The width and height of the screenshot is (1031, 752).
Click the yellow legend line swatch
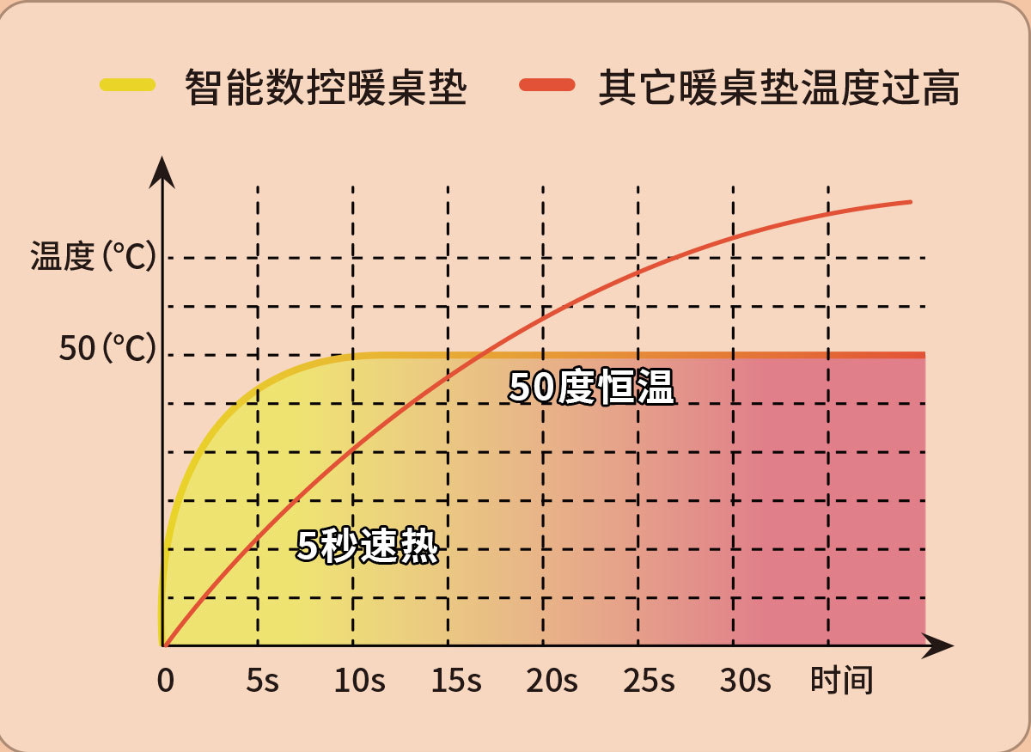pyautogui.click(x=127, y=84)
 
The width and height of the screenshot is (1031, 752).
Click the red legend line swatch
pyautogui.click(x=547, y=84)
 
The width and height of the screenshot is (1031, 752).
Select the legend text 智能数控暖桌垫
pyautogui.click(x=326, y=88)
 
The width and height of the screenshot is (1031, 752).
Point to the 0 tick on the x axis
pyautogui.click(x=165, y=682)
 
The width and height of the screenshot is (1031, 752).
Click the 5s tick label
pyautogui.click(x=262, y=682)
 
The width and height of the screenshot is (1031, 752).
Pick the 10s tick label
pyautogui.click(x=359, y=682)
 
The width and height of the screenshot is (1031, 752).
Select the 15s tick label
pyautogui.click(x=455, y=682)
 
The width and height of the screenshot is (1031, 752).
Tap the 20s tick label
pyautogui.click(x=552, y=682)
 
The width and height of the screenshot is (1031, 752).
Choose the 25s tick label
pyautogui.click(x=648, y=682)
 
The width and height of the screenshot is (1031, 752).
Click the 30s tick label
pyautogui.click(x=745, y=682)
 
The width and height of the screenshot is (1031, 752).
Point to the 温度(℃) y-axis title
pyautogui.click(x=93, y=256)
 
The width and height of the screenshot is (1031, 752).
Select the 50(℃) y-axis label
pyautogui.click(x=107, y=350)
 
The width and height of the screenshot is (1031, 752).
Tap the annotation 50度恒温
pyautogui.click(x=591, y=388)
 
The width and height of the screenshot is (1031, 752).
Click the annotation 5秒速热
pyautogui.click(x=367, y=546)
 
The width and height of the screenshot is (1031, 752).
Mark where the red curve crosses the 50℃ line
pyautogui.click(x=482, y=354)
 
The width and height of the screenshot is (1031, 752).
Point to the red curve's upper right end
pyautogui.click(x=909, y=202)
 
